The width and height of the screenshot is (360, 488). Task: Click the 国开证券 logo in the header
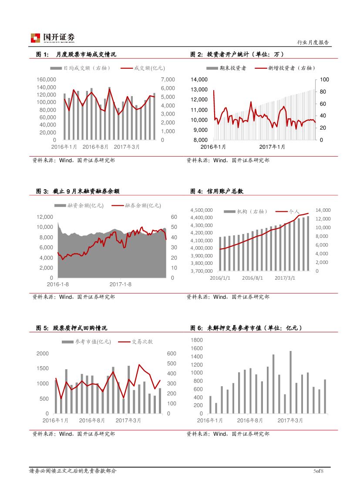(x=52, y=38)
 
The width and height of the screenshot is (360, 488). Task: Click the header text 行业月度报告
(x=313, y=43)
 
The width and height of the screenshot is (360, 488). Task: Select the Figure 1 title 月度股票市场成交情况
(x=86, y=54)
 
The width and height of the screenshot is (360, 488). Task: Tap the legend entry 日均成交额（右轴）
(x=81, y=68)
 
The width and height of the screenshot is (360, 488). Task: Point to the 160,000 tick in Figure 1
(x=47, y=80)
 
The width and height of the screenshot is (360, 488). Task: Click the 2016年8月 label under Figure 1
(x=95, y=147)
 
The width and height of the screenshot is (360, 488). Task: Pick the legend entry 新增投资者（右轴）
(x=286, y=68)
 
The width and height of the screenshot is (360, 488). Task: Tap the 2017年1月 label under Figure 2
(x=272, y=147)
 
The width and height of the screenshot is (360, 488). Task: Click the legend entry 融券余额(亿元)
(x=137, y=205)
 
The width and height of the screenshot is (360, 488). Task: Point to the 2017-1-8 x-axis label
(x=121, y=284)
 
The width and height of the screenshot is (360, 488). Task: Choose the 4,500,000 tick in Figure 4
(x=202, y=210)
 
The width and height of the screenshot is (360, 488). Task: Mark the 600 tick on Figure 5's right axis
(x=172, y=354)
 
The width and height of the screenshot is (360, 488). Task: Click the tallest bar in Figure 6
(x=290, y=382)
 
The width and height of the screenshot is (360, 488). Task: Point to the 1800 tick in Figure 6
(x=197, y=340)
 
